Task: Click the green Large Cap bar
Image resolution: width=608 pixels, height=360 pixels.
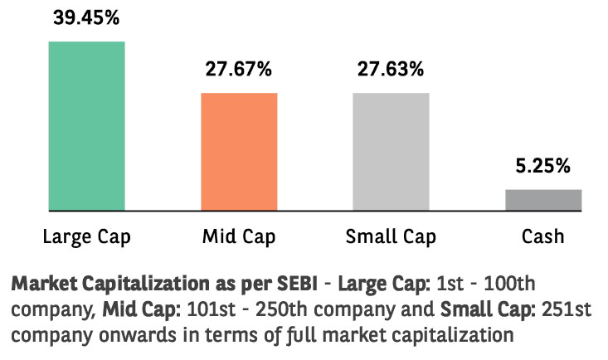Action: (86, 125)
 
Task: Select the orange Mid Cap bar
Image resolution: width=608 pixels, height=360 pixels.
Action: (239, 151)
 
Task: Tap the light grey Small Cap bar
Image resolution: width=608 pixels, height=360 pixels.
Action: (391, 151)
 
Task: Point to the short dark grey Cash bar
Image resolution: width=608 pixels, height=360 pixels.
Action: (543, 200)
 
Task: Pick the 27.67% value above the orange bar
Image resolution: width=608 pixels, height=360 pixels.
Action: (239, 70)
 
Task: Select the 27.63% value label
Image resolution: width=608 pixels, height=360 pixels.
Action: (391, 70)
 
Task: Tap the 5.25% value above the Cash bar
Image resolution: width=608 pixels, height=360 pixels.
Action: (543, 166)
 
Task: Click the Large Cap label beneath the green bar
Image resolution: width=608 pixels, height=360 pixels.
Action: (86, 237)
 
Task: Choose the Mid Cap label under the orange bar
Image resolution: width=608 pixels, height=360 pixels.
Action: (239, 237)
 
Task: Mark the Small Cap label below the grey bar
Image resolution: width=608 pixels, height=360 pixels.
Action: (391, 237)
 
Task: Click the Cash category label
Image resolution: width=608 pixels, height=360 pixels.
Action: (543, 237)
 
